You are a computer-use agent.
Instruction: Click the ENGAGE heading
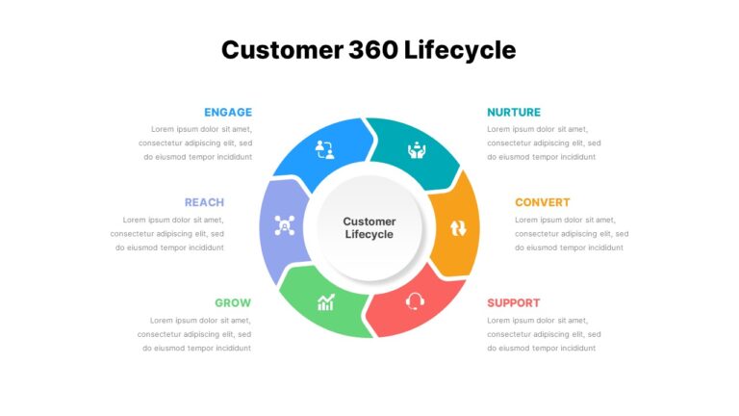[x=228, y=113]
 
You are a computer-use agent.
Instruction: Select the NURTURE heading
[x=514, y=113]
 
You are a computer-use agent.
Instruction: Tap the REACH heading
[x=204, y=202]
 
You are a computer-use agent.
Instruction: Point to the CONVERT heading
[x=543, y=202]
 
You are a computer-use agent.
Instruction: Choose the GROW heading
[x=233, y=302]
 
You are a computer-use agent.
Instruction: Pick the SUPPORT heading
[x=514, y=302]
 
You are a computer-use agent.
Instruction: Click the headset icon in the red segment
[x=415, y=301]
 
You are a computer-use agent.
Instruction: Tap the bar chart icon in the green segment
[x=325, y=302]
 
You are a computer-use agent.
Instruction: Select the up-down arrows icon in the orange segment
[x=458, y=228]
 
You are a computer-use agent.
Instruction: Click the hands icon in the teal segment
[x=417, y=149]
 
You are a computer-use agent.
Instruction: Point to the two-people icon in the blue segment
[x=324, y=149]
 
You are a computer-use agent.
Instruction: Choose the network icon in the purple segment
[x=285, y=225]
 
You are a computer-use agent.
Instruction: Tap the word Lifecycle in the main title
[x=460, y=50]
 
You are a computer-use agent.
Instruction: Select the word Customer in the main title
[x=282, y=50]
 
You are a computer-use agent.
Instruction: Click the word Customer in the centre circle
[x=369, y=221]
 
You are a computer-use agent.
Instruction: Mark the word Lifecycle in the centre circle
[x=369, y=234]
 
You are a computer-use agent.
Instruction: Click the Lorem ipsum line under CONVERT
[x=565, y=220]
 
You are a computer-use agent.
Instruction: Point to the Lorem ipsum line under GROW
[x=200, y=321]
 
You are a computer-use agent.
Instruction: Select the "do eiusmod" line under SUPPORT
[x=542, y=348]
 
